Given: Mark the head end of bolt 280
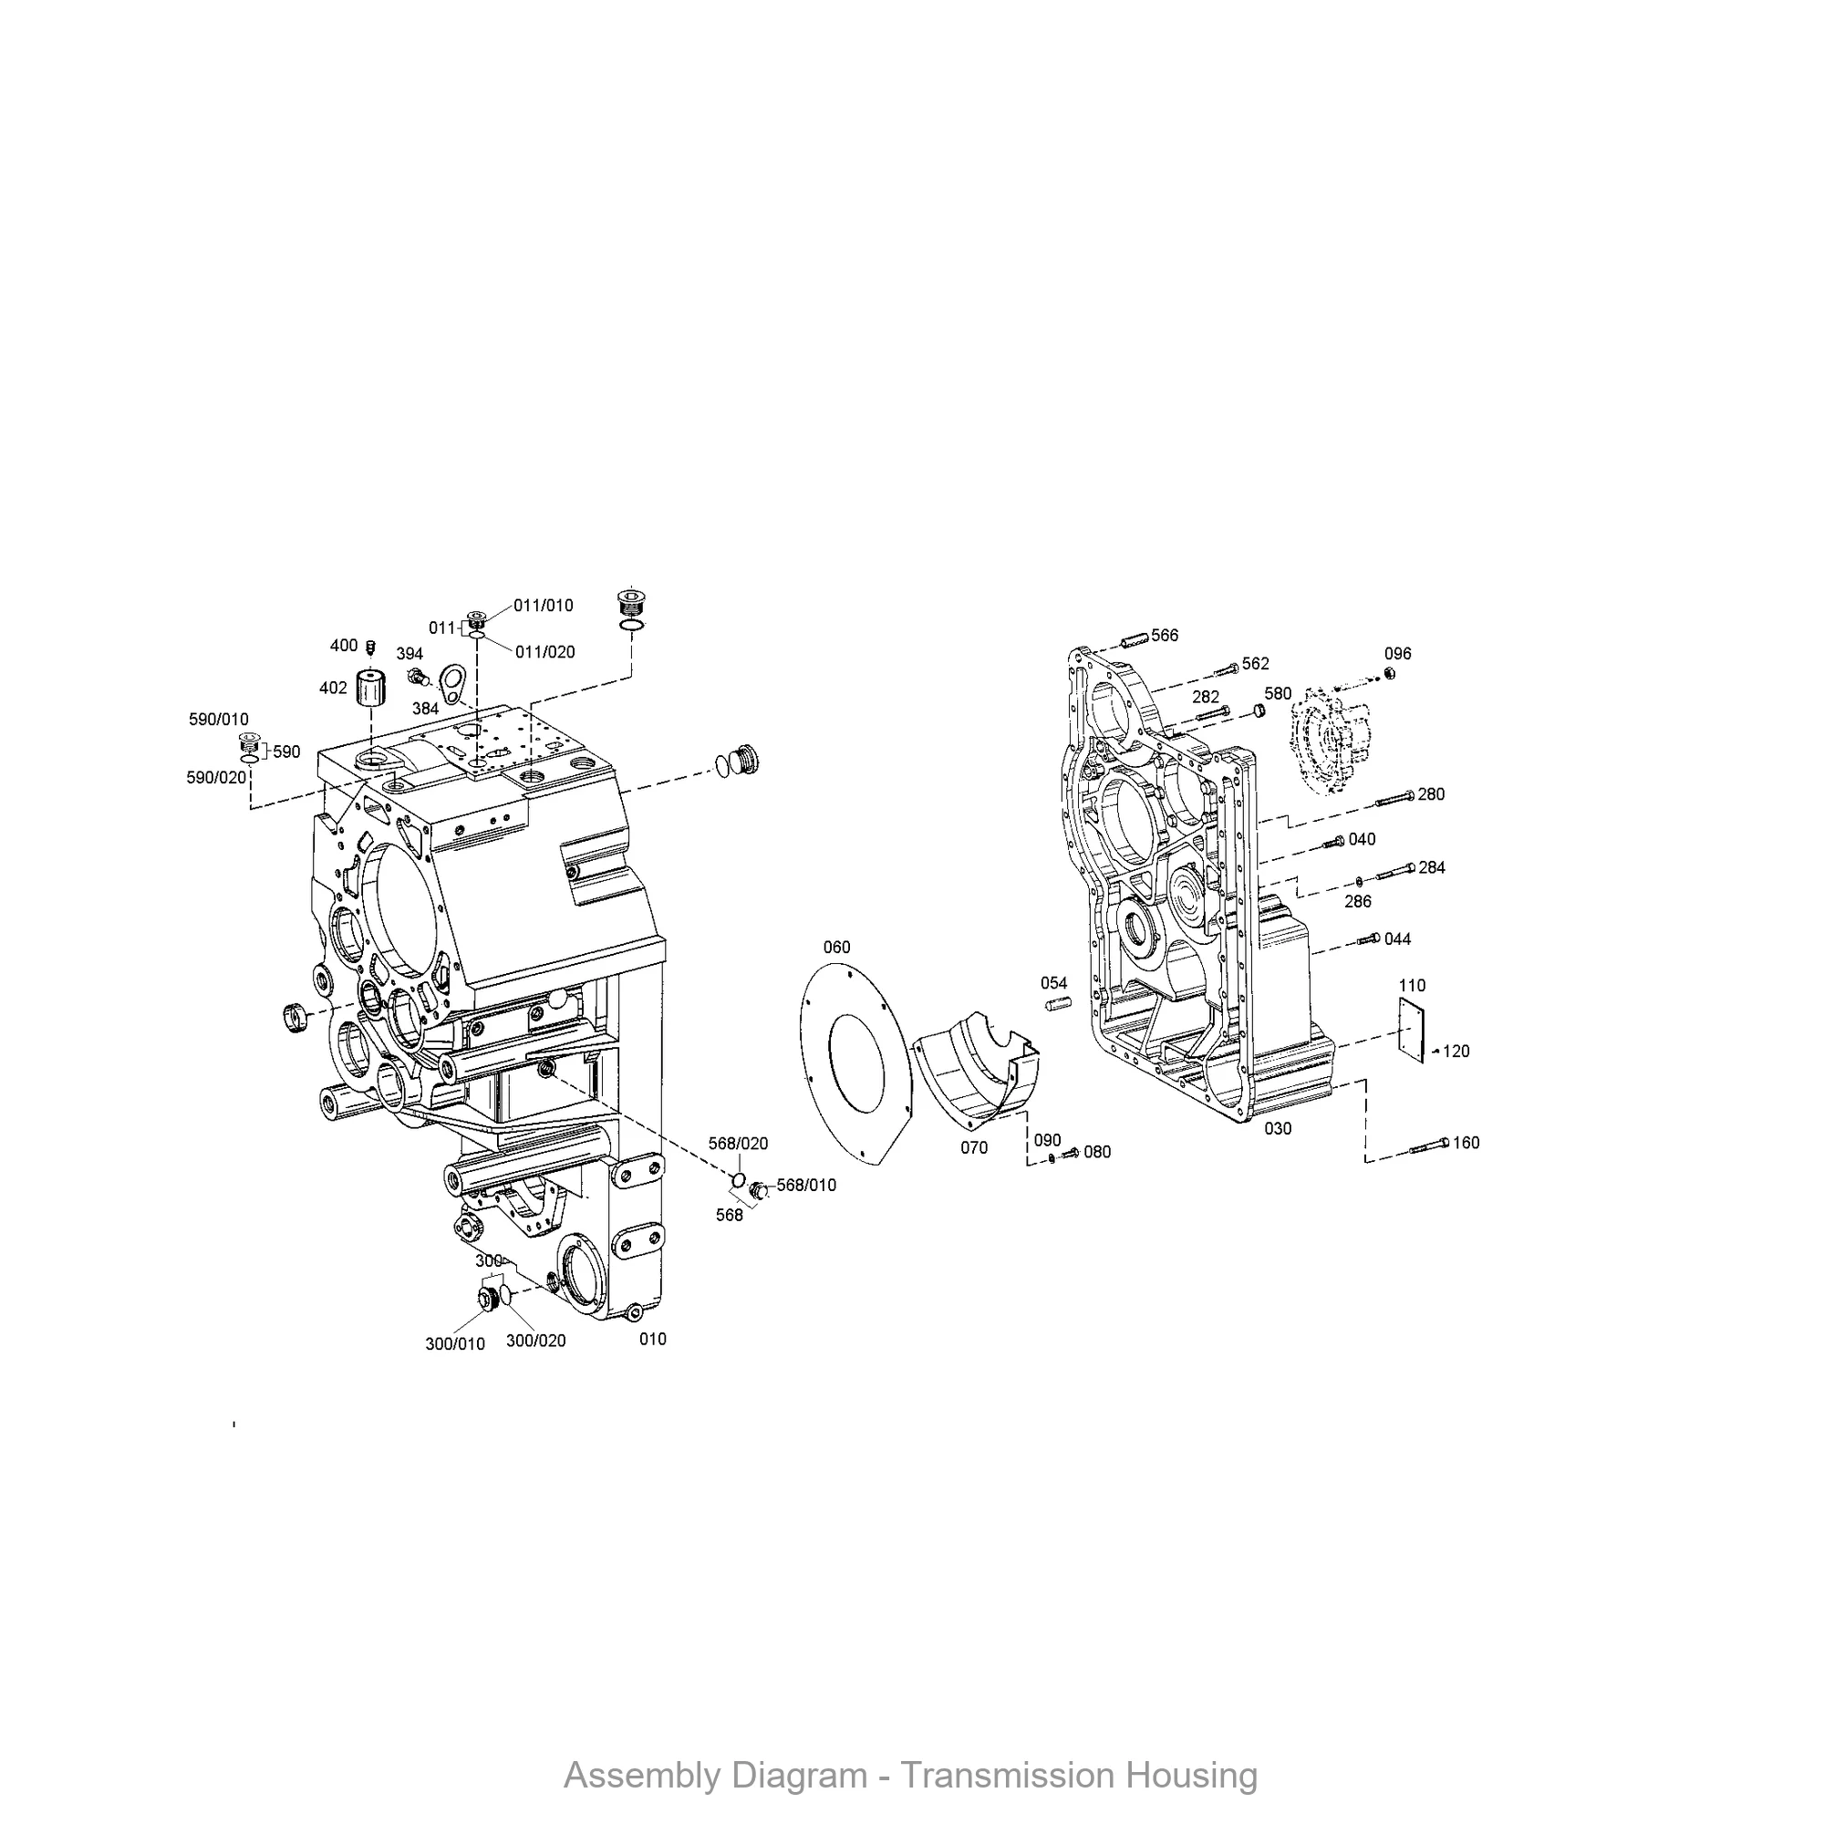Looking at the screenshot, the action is pyautogui.click(x=1411, y=796).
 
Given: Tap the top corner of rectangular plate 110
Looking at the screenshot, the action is pyautogui.click(x=1400, y=999).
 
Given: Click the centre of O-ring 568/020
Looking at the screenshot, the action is pyautogui.click(x=741, y=1180).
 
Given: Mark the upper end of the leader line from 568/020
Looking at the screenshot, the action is pyautogui.click(x=741, y=1154).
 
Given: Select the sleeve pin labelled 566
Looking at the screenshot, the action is pyautogui.click(x=1134, y=639).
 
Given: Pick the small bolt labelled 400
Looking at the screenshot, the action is pyautogui.click(x=371, y=647).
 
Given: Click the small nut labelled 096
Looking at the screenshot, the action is pyautogui.click(x=1390, y=673).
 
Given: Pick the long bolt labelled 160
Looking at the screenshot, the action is pyautogui.click(x=1429, y=1147).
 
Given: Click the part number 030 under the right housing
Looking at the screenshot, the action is pyautogui.click(x=1278, y=1129).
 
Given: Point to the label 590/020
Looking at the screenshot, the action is pyautogui.click(x=216, y=778).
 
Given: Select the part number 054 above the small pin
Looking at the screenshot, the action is pyautogui.click(x=1053, y=984).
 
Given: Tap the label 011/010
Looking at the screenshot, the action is pyautogui.click(x=543, y=606).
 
